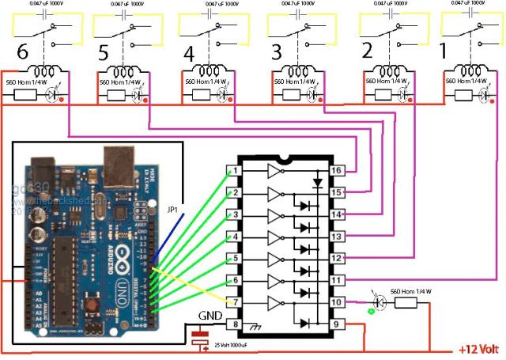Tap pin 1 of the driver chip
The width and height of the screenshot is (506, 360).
pyautogui.click(x=233, y=171)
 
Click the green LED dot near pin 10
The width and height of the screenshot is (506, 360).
pyautogui.click(x=370, y=311)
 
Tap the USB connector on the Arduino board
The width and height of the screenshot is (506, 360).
pyautogui.click(x=124, y=168)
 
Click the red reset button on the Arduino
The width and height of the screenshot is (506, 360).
pyautogui.click(x=94, y=305)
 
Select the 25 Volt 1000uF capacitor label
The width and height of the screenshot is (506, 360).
pyautogui.click(x=237, y=346)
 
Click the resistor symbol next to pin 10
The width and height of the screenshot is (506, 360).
pyautogui.click(x=410, y=301)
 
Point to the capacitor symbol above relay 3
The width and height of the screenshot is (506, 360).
pyautogui.click(x=299, y=13)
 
